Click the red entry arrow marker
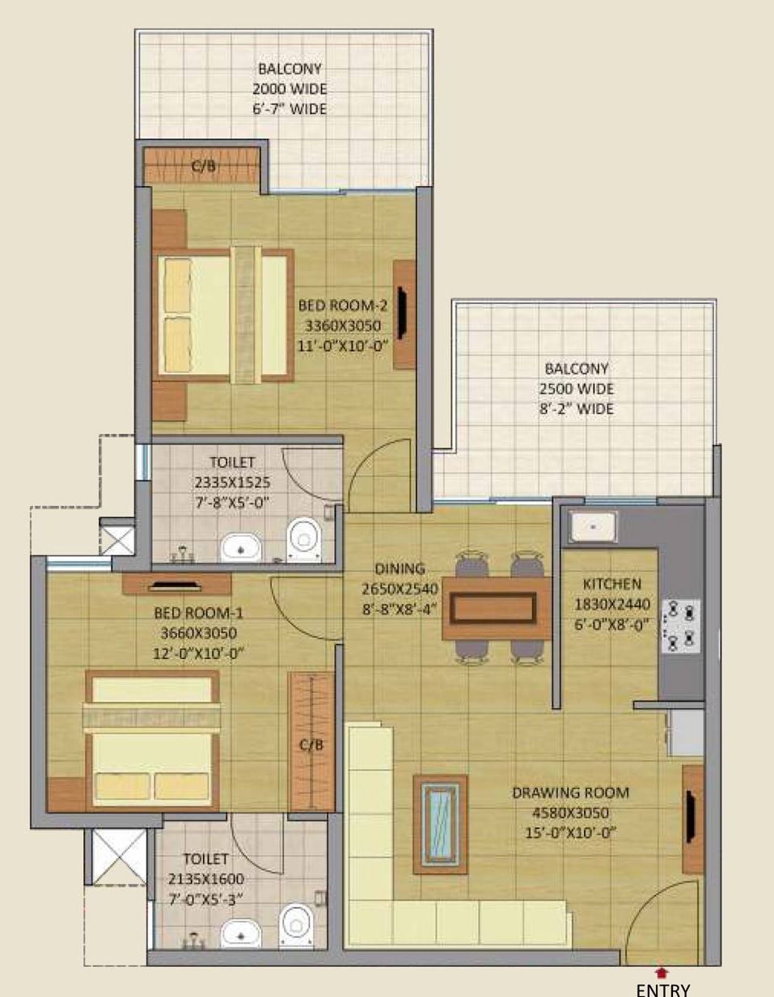pos(661,972)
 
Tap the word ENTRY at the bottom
pos(663,989)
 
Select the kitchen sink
pos(593,526)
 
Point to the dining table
pos(497,608)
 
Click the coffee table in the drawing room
pos(440,824)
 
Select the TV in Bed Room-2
pos(402,314)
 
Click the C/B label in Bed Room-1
pos(311,745)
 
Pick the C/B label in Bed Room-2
pos(203,166)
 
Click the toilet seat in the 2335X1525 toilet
pos(303,539)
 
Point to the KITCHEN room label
pos(612,584)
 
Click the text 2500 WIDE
pos(577,389)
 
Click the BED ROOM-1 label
pos(199,613)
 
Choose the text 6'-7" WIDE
pos(290,109)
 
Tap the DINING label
pos(400,568)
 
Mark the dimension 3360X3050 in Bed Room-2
pos(343,326)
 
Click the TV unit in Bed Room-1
pos(176,584)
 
